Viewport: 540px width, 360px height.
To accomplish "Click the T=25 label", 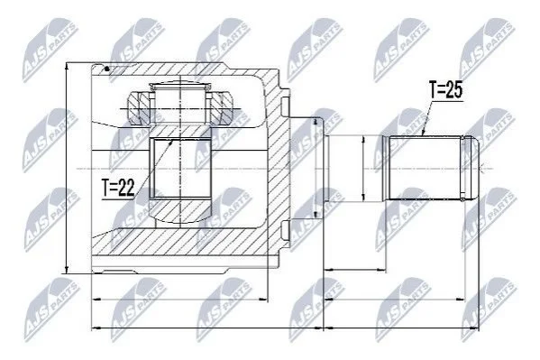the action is pos(446,90).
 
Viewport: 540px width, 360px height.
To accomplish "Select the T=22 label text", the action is pos(118,188).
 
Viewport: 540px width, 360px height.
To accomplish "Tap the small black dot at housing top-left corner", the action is pos(106,69).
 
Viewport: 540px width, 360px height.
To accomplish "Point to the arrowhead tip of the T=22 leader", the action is pos(171,140).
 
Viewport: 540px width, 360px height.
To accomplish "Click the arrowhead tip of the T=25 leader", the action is pos(423,134).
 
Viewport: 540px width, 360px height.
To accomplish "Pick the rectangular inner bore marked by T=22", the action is pos(179,169).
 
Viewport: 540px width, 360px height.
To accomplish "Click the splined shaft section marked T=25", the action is pos(425,168).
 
